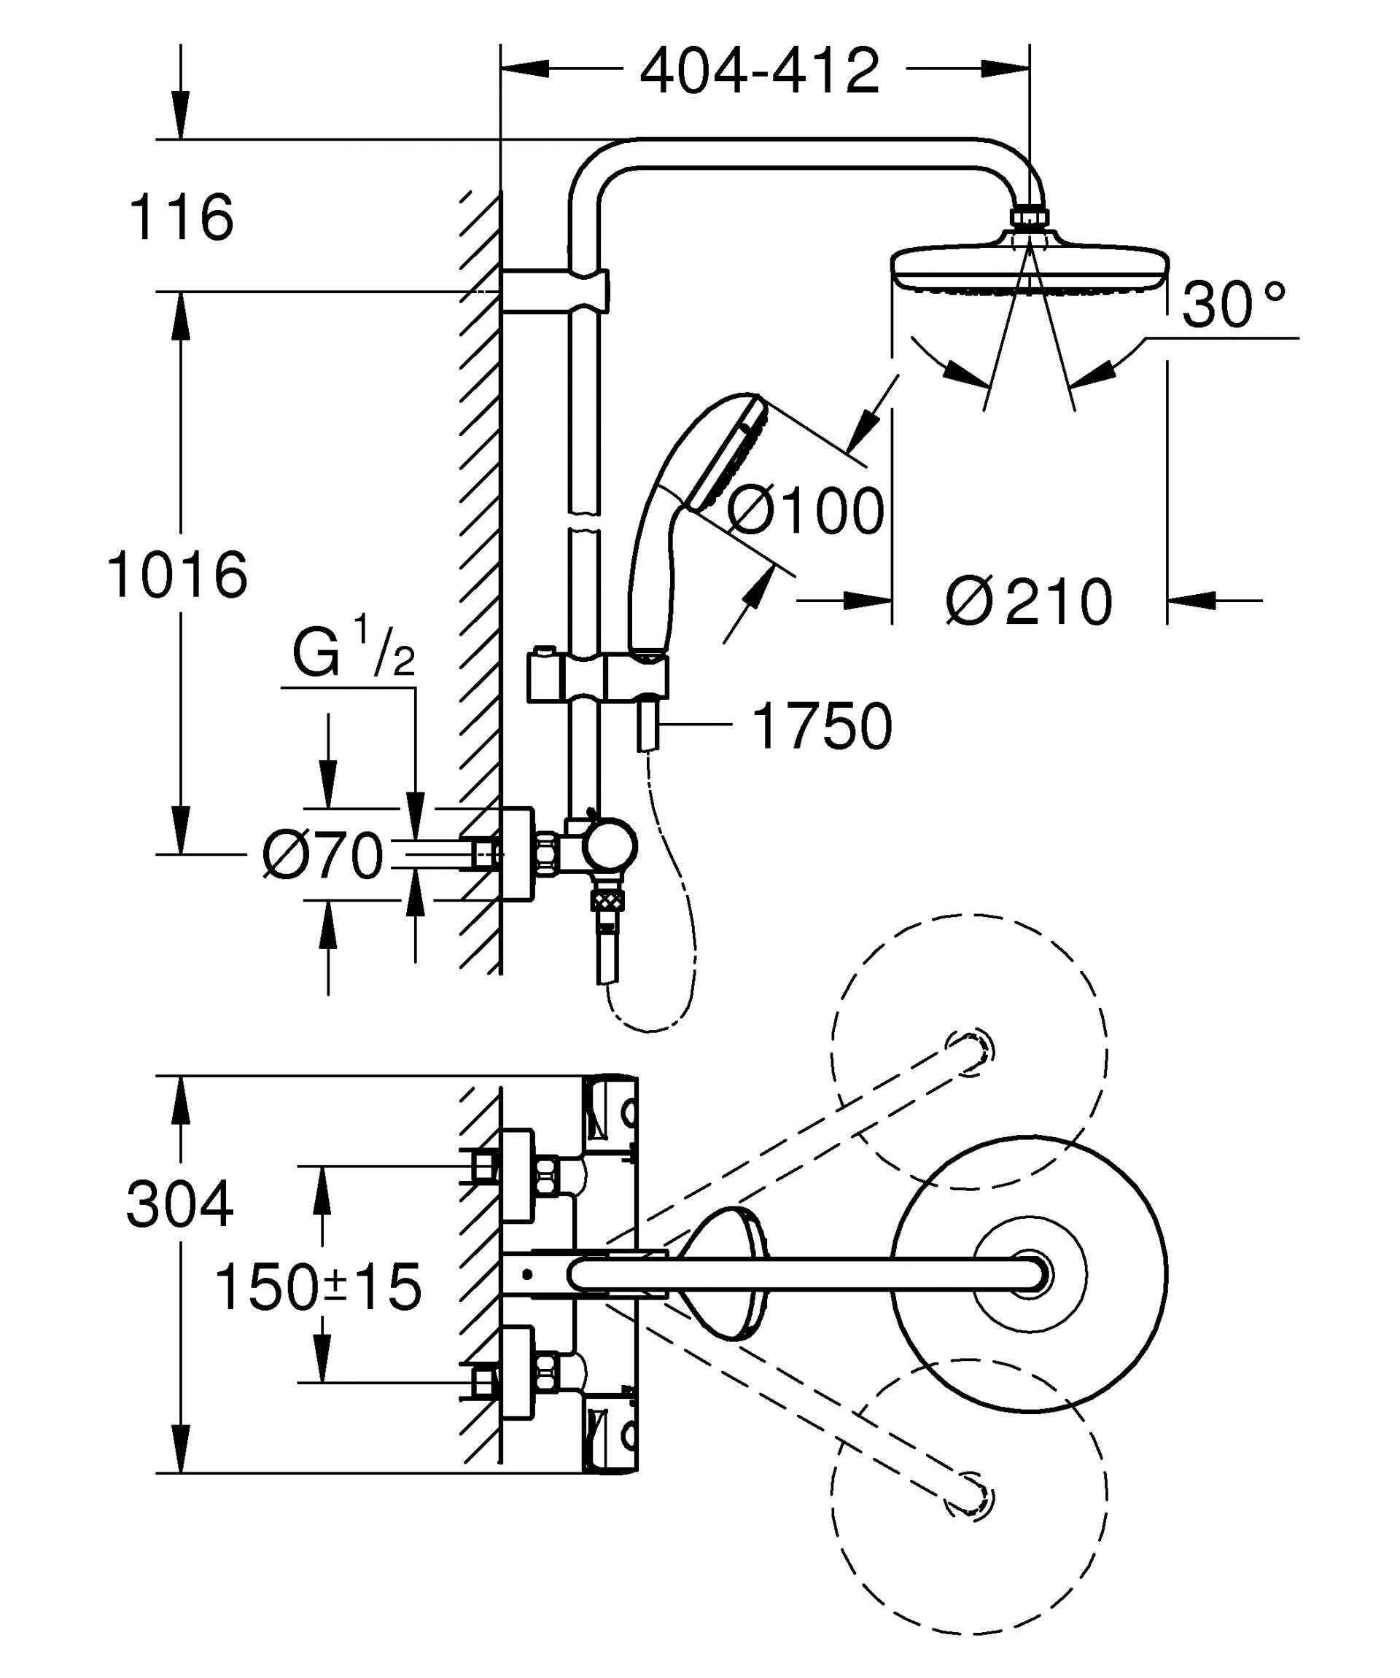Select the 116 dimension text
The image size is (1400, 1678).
[x=182, y=217]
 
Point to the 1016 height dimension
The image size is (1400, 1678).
[x=177, y=575]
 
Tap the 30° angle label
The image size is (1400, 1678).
[x=1233, y=305]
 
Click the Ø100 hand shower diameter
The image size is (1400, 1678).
[x=806, y=512]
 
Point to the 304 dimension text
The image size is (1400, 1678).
[x=180, y=1204]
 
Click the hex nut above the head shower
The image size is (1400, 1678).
[x=1030, y=217]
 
